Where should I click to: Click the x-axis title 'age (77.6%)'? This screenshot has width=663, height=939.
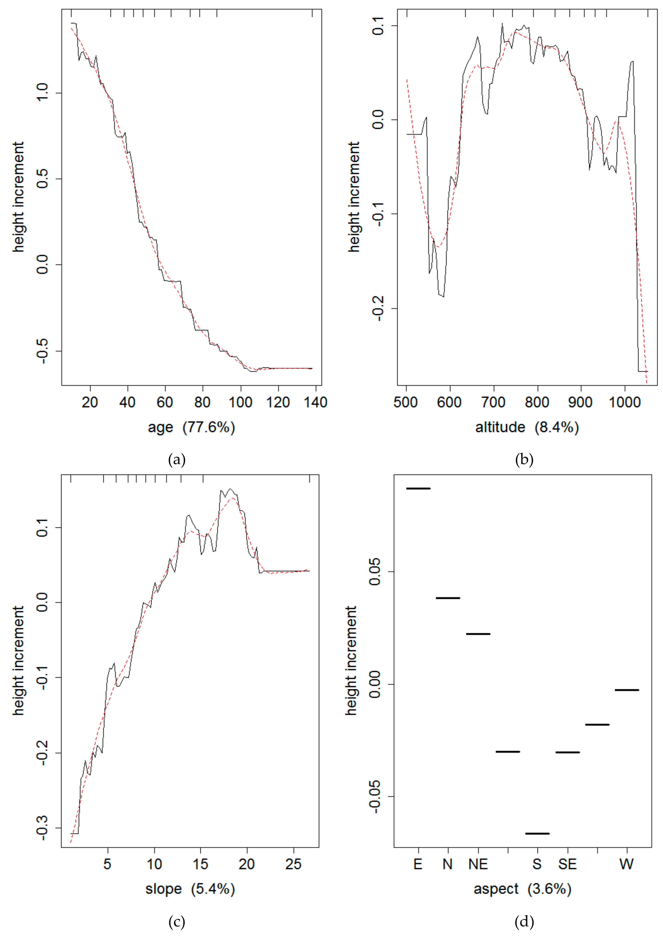[x=191, y=427]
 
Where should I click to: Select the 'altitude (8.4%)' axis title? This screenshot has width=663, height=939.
[x=527, y=427]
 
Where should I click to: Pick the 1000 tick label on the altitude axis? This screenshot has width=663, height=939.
[x=624, y=402]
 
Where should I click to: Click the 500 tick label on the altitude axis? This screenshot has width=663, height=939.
[x=406, y=402]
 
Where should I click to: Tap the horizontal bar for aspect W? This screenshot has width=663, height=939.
[x=627, y=690]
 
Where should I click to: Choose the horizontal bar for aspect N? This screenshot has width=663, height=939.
[x=448, y=598]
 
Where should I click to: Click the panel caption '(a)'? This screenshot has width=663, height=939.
[x=177, y=460]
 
